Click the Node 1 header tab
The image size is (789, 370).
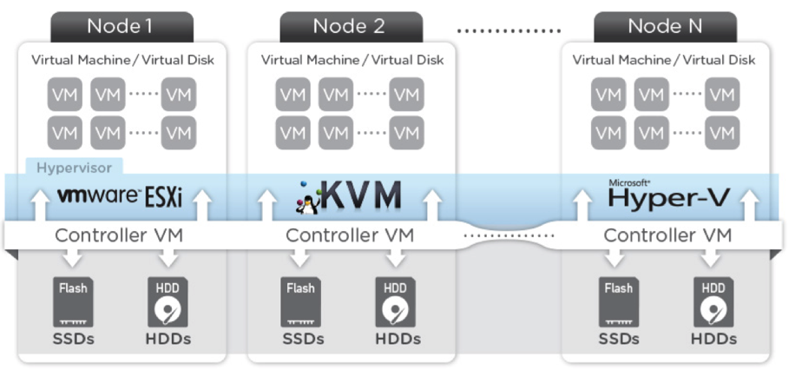[120, 26]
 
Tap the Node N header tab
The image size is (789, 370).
[666, 26]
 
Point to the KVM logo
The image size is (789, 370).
[352, 195]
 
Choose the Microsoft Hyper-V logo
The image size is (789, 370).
[667, 195]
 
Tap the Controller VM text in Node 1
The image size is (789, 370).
[120, 235]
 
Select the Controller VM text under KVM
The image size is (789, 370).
[351, 235]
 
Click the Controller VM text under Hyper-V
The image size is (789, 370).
[667, 235]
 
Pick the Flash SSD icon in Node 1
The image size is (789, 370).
[73, 300]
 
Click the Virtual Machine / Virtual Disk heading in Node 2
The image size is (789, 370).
[352, 60]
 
